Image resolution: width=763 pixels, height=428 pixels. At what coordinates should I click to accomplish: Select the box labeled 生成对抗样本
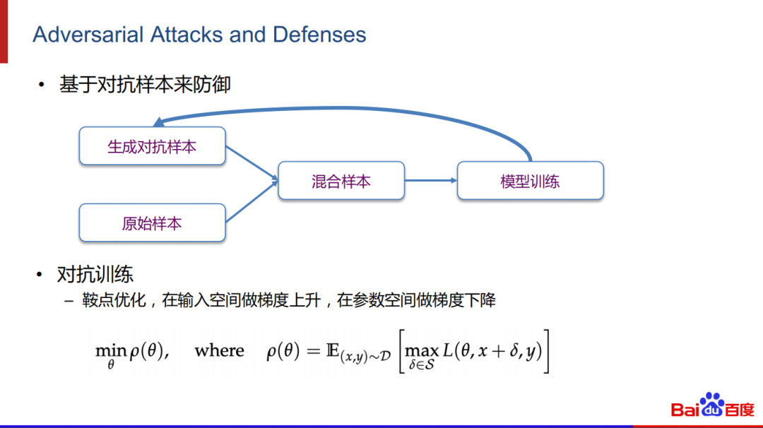coord(152,147)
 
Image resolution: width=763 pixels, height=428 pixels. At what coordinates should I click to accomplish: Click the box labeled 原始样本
coord(152,223)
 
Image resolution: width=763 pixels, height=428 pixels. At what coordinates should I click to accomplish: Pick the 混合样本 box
coord(341,181)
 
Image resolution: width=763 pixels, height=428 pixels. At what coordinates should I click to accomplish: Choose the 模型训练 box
coord(530,181)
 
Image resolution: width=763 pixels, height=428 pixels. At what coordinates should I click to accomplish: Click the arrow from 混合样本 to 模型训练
coord(431,180)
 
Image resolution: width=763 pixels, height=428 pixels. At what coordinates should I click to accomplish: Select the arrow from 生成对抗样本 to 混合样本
coord(251,164)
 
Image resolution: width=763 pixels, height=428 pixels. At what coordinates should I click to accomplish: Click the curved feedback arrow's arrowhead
coord(158,122)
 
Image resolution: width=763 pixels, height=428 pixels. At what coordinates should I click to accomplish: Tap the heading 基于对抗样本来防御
coord(145,85)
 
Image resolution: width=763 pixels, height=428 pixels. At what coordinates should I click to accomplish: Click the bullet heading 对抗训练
coord(95,274)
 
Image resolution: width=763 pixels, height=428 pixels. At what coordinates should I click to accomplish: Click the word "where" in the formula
coord(219,351)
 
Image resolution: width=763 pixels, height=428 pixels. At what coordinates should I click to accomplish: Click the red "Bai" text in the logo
coord(684,410)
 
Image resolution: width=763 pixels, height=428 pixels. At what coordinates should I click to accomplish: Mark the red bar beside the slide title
coord(4,32)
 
